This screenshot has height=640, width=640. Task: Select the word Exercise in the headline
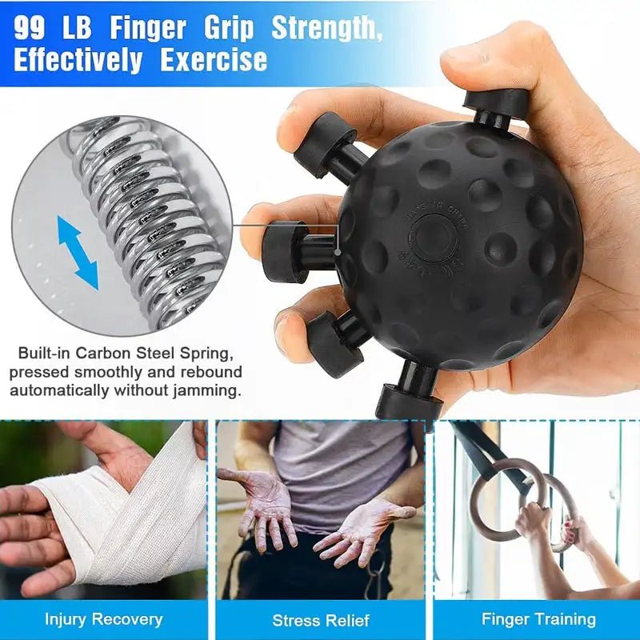coord(214,60)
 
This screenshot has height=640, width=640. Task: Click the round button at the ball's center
coord(433,236)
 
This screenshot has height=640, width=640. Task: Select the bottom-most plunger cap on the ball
coord(409,401)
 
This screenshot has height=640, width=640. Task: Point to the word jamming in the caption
coord(209,392)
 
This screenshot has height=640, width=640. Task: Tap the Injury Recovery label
coord(103,618)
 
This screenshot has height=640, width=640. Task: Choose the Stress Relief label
coord(320,620)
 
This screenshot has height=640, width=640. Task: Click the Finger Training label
coord(538,618)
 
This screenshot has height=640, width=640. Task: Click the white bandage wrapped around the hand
coord(136,512)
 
